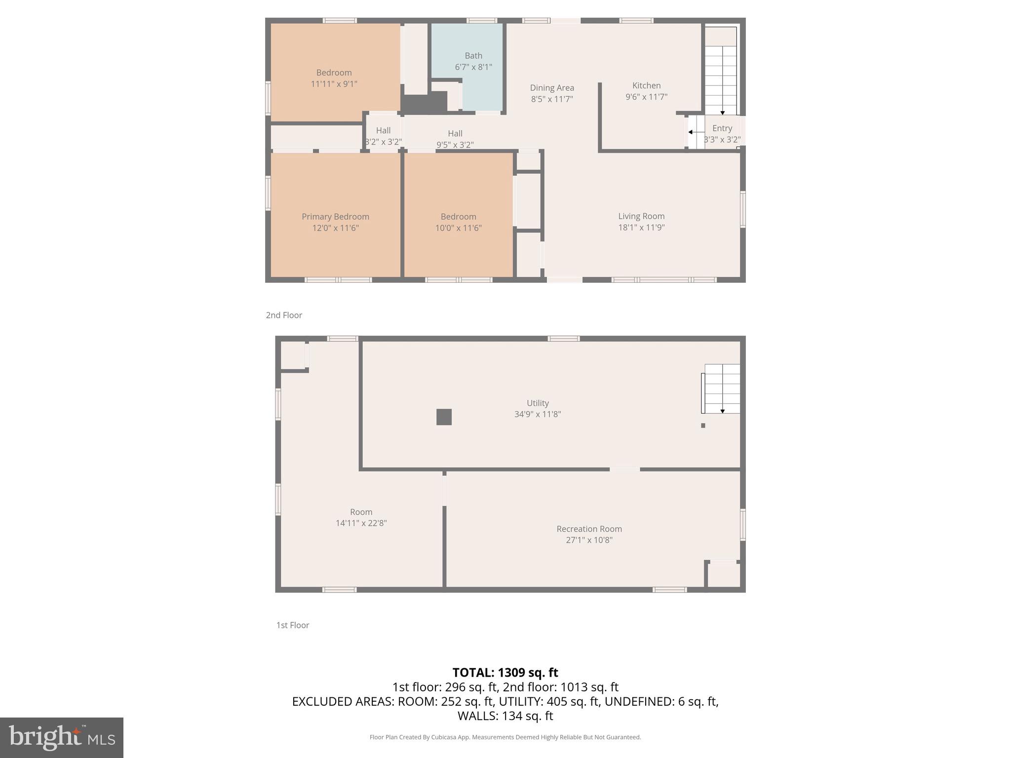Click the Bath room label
[473, 56]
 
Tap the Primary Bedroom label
[335, 217]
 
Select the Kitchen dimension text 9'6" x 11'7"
[646, 97]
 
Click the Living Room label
[641, 216]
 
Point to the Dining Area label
[552, 88]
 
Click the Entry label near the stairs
[722, 128]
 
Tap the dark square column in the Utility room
[444, 417]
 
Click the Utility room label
[538, 403]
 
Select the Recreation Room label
[589, 529]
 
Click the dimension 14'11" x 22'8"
[361, 523]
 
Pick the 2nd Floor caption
[284, 315]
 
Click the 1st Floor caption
[292, 625]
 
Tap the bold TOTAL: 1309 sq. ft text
[505, 673]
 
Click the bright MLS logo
[62, 738]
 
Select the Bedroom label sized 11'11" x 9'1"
[334, 73]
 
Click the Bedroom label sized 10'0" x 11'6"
[458, 217]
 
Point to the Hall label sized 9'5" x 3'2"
[455, 134]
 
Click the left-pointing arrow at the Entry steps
[691, 132]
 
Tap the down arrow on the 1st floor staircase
[722, 411]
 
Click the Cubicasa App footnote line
[505, 737]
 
